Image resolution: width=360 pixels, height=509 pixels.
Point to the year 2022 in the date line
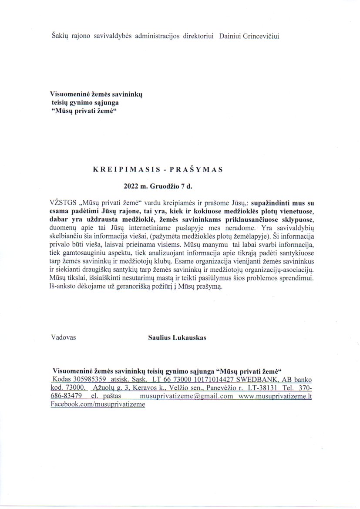[131, 185]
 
